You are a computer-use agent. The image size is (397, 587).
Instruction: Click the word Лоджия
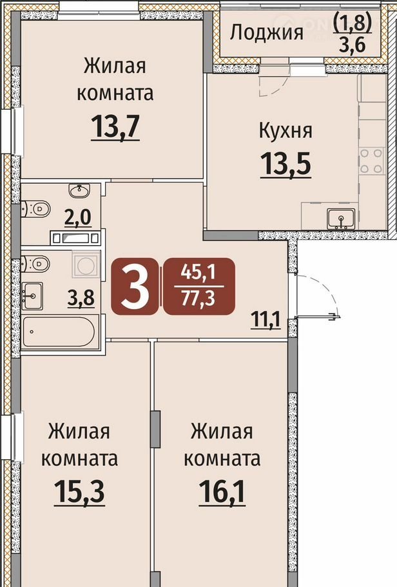pos(266,32)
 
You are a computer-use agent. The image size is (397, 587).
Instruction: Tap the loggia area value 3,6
pos(353,46)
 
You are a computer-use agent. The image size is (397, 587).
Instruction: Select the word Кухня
pos(286,131)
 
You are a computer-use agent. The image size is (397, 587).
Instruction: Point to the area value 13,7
pos(115,126)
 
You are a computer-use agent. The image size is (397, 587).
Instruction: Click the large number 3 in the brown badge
pos(135,286)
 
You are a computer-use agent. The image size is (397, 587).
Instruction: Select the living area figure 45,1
pos(198,272)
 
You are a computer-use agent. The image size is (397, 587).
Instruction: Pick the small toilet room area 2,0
pos(78,217)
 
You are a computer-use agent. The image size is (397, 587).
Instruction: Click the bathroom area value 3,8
pos(81,299)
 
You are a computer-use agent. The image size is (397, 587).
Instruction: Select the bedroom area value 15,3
pos(79,492)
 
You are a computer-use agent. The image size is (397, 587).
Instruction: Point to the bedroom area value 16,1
pos(222,492)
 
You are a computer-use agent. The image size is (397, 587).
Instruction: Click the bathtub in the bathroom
pos(59,332)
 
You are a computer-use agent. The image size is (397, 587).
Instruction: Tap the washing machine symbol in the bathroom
pos(86,265)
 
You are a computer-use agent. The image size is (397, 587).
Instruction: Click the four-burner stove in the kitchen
pos(372,161)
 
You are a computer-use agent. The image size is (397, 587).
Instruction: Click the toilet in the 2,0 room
pos(36,208)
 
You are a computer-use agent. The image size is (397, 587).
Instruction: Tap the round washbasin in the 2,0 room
pos(79,190)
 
